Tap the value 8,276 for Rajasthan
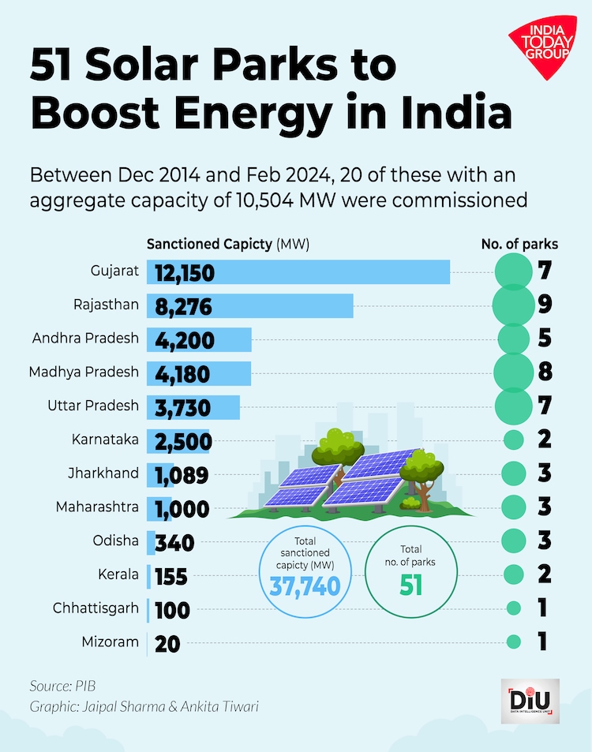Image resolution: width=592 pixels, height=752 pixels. click(x=184, y=306)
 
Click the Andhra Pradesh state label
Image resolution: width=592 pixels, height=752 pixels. click(x=85, y=339)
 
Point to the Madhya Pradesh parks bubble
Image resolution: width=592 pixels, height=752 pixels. click(x=513, y=372)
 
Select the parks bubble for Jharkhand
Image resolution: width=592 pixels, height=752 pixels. click(x=513, y=473)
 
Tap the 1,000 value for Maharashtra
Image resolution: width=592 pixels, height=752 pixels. click(x=182, y=508)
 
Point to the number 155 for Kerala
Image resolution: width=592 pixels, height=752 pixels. click(x=171, y=576)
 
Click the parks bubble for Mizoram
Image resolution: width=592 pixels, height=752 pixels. click(x=513, y=642)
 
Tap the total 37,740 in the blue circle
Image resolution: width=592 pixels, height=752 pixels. click(x=305, y=586)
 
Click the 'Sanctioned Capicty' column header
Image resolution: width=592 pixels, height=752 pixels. click(x=227, y=244)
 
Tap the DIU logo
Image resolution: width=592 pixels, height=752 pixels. click(x=529, y=698)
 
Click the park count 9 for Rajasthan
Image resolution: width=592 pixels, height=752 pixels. click(x=543, y=305)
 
